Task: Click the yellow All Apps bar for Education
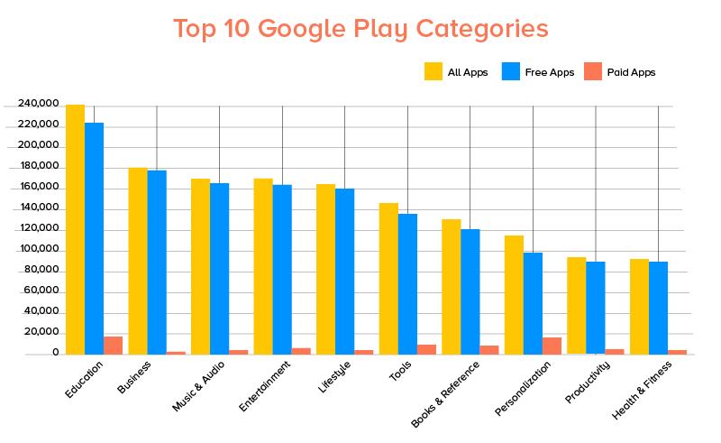(x=75, y=229)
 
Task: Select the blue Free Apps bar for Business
(x=157, y=262)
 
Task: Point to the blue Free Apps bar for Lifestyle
(x=344, y=271)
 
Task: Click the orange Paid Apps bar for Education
(x=113, y=346)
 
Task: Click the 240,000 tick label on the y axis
(x=32, y=105)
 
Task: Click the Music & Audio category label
(x=197, y=387)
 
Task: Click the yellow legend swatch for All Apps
(x=433, y=71)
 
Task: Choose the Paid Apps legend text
(x=632, y=72)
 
